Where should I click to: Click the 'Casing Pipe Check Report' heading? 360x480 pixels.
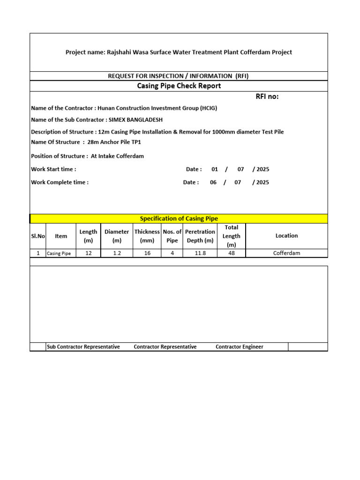click(x=179, y=86)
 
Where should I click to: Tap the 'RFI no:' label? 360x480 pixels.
click(x=267, y=97)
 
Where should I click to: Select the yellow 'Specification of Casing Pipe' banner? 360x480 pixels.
click(x=179, y=218)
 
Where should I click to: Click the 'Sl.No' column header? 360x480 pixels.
click(x=38, y=236)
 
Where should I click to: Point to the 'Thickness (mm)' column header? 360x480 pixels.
click(x=147, y=236)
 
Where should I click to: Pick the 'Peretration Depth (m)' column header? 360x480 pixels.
click(x=200, y=236)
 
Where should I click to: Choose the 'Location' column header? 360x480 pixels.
click(x=286, y=236)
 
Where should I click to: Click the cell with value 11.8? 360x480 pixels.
click(x=200, y=253)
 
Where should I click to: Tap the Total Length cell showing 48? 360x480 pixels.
click(x=231, y=253)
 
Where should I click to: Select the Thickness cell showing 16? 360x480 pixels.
click(x=147, y=253)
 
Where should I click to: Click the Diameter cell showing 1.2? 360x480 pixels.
click(x=117, y=253)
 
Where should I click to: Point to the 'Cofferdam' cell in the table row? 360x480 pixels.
click(x=286, y=253)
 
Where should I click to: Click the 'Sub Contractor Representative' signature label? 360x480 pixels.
click(x=83, y=347)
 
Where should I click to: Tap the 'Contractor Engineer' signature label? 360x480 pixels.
click(x=240, y=347)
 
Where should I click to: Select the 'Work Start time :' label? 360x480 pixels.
click(x=53, y=169)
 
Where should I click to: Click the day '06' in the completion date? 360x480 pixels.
click(x=213, y=182)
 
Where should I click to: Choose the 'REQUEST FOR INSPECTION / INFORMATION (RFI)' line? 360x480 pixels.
click(x=179, y=76)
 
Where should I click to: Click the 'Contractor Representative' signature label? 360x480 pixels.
click(x=165, y=347)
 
